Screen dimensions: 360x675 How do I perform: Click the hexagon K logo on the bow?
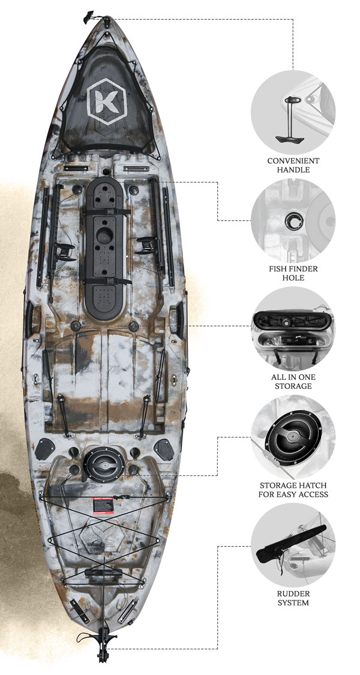pyautogui.click(x=107, y=101)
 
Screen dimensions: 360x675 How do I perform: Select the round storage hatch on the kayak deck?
pyautogui.click(x=104, y=464)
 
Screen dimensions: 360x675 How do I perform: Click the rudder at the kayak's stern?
pyautogui.click(x=103, y=641)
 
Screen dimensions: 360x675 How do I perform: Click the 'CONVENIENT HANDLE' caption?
pyautogui.click(x=293, y=165)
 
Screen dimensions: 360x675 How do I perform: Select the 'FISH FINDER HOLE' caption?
pyautogui.click(x=293, y=273)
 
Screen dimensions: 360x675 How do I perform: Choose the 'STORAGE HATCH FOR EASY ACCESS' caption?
pyautogui.click(x=293, y=490)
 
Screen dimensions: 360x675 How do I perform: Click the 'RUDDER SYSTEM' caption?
pyautogui.click(x=293, y=598)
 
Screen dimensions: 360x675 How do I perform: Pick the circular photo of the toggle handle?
pyautogui.click(x=293, y=111)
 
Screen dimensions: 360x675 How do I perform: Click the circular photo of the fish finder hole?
pyautogui.click(x=293, y=220)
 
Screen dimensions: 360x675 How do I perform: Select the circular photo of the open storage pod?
pyautogui.click(x=293, y=328)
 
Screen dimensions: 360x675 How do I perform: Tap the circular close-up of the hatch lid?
pyautogui.click(x=293, y=437)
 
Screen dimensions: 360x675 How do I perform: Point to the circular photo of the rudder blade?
pyautogui.click(x=293, y=545)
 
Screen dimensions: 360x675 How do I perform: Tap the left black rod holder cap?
pyautogui.click(x=45, y=449)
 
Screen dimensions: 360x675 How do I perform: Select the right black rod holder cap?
pyautogui.click(x=164, y=449)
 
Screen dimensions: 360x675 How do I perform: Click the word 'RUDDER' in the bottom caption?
pyautogui.click(x=293, y=593)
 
